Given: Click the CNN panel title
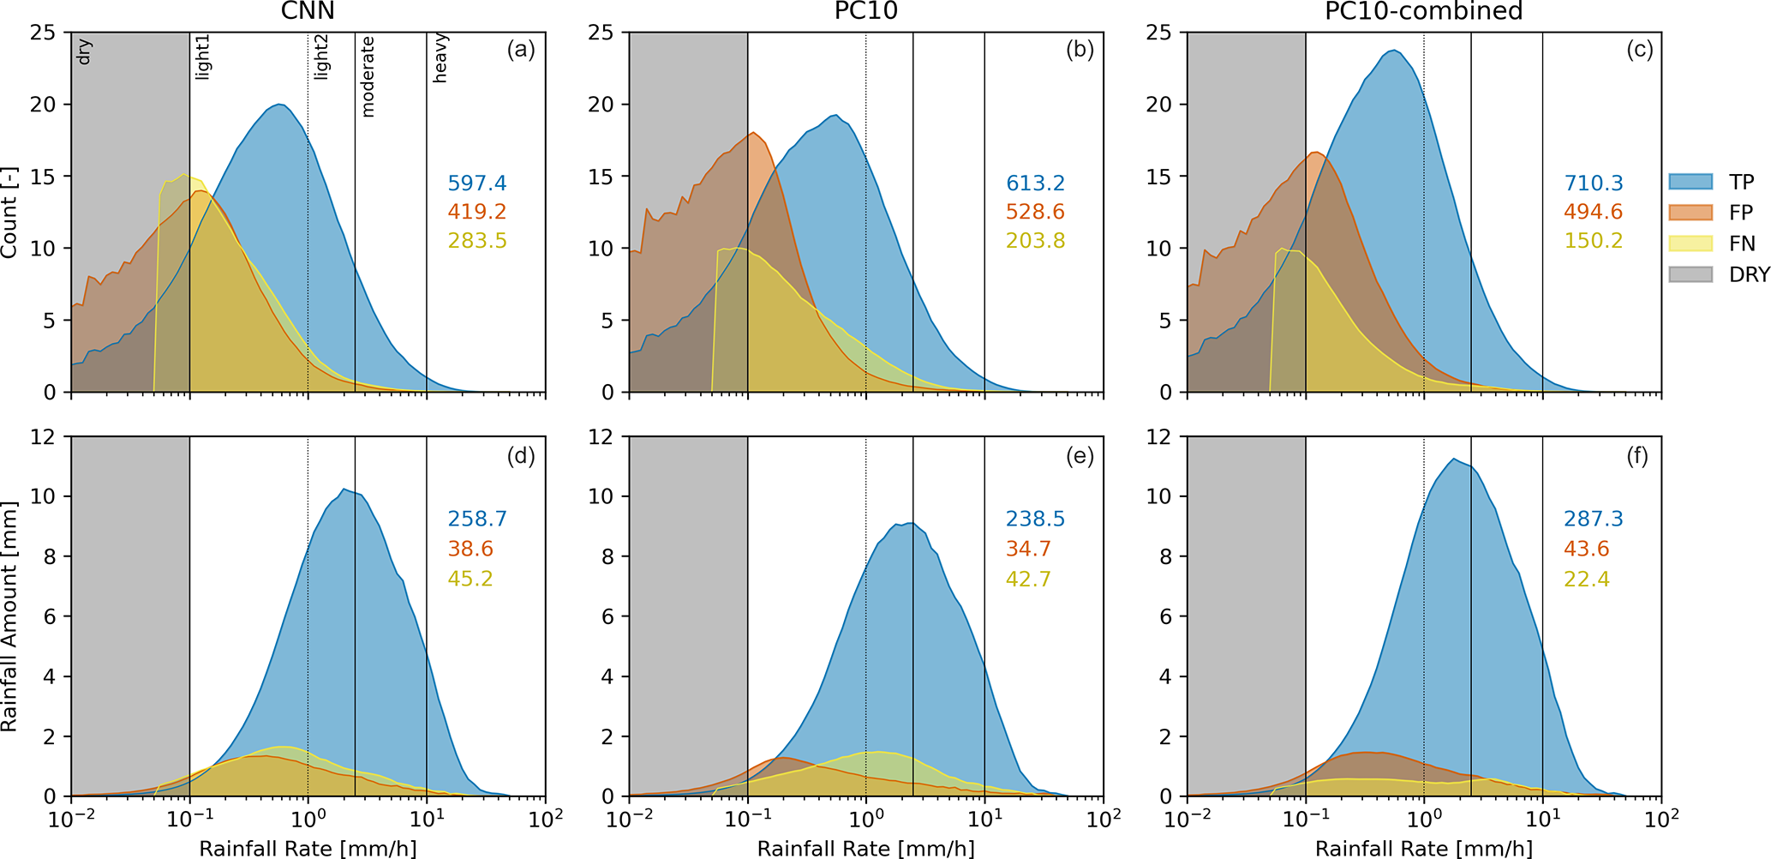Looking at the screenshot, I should click(x=308, y=11).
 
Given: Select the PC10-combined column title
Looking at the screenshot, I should click(x=1423, y=11).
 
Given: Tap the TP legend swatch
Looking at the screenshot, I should click(x=1690, y=182).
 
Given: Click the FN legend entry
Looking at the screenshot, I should click(x=1741, y=243).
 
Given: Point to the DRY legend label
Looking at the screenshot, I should click(x=1749, y=274).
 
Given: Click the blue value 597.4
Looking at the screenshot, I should click(x=477, y=183).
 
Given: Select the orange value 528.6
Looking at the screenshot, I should click(x=1036, y=212).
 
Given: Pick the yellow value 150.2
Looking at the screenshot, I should click(x=1594, y=241).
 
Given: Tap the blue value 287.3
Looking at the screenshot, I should click(x=1594, y=519).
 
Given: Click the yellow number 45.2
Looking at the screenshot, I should click(x=470, y=579).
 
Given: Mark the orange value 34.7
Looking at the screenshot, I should click(x=1028, y=549).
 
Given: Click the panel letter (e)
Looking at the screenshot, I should click(x=1080, y=456).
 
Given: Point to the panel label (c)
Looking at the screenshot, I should click(x=1639, y=50).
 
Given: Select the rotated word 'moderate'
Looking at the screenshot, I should click(x=368, y=76).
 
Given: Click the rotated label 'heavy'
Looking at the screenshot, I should click(x=440, y=59).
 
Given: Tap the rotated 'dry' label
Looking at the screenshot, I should click(x=84, y=52).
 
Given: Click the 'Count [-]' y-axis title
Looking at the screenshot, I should click(x=9, y=213).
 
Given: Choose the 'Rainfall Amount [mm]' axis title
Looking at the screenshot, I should click(x=9, y=616).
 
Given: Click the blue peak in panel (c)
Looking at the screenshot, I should click(x=1395, y=51).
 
